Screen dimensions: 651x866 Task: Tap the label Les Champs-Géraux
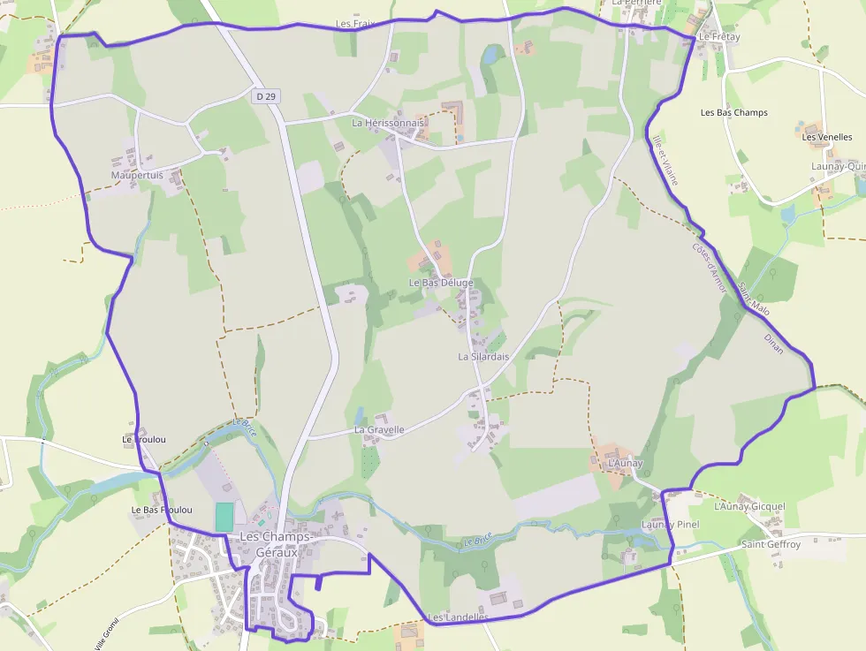[275, 544]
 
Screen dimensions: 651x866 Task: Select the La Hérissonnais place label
[388, 123]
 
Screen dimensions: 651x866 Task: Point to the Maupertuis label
[137, 176]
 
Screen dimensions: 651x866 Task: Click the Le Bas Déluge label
[441, 283]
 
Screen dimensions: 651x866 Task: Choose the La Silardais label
[483, 357]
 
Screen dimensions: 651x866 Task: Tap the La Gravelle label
[379, 430]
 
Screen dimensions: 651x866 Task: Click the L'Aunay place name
[626, 463]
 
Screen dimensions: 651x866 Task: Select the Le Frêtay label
[719, 37]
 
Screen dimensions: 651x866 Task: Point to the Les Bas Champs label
[733, 113]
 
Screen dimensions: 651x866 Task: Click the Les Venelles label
[827, 137]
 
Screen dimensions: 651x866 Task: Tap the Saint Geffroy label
[771, 545]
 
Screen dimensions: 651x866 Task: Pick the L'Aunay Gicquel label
[748, 507]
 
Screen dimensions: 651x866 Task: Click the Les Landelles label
[458, 617]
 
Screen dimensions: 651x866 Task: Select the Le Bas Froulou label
[162, 511]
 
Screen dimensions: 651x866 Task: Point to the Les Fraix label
[356, 24]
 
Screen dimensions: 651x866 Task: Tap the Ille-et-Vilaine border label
[665, 160]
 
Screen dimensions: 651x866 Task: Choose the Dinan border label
[773, 344]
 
